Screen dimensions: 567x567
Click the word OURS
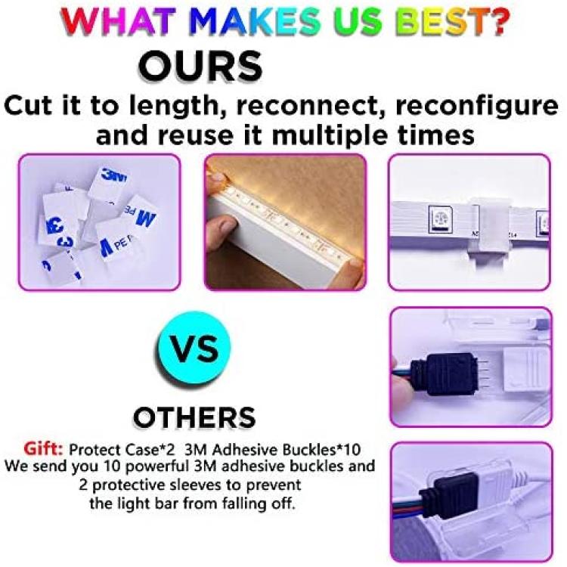click(200, 67)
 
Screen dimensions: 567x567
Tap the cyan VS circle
click(194, 349)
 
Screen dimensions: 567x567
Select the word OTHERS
click(194, 417)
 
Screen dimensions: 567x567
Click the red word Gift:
click(43, 450)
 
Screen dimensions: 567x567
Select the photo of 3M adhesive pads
click(100, 222)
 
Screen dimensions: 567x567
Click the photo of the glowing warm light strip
click(285, 222)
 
